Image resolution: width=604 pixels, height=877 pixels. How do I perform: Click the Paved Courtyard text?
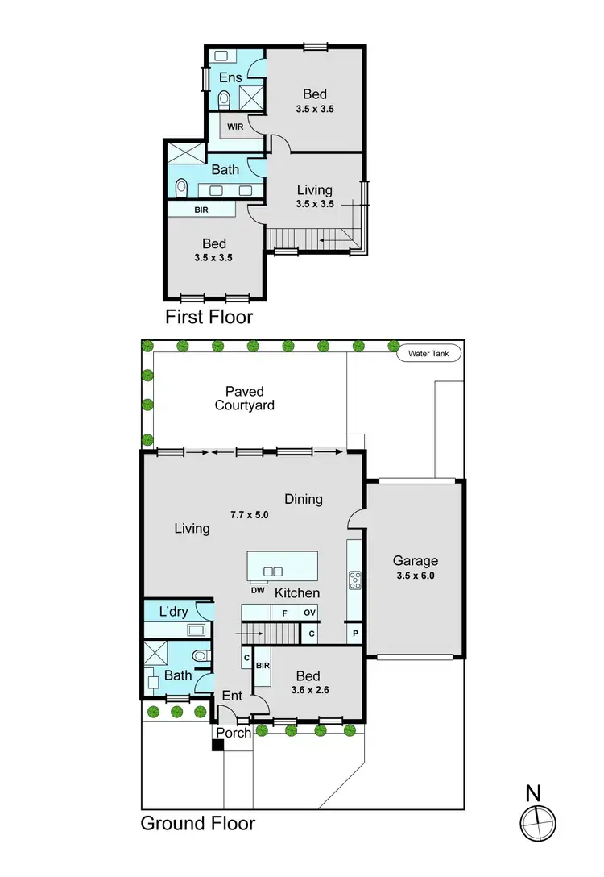point(244,398)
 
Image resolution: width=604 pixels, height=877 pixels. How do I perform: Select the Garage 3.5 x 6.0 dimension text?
point(415,576)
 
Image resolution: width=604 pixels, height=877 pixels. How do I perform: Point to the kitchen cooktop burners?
point(354,580)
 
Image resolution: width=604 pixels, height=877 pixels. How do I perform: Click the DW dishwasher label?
point(258,590)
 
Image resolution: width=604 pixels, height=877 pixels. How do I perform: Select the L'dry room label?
point(173,612)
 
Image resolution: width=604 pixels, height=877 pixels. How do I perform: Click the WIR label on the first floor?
point(234,127)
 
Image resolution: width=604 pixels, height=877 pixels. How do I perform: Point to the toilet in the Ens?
point(225,99)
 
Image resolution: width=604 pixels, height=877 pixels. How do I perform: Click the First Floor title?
point(209,317)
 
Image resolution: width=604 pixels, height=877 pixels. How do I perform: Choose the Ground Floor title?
point(198,823)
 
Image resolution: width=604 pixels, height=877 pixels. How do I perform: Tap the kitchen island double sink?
point(273,572)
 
